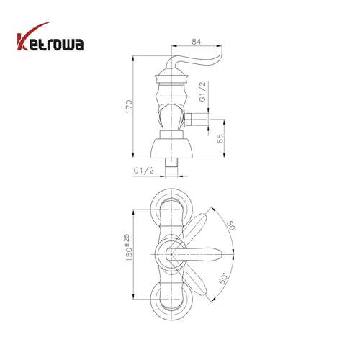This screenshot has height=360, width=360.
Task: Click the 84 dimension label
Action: (x=196, y=41)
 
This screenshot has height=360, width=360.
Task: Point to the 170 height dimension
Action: (x=129, y=107)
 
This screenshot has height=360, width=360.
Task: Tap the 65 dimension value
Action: (x=220, y=138)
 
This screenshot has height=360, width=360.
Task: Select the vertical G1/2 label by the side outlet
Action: (x=203, y=91)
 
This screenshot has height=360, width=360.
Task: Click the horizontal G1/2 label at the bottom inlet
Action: (x=143, y=171)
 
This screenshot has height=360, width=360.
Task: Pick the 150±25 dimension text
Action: (x=129, y=248)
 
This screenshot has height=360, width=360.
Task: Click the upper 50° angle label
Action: (x=232, y=226)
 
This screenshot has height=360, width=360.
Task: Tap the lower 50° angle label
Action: (x=224, y=279)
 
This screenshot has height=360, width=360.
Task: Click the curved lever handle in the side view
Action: (x=192, y=63)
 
